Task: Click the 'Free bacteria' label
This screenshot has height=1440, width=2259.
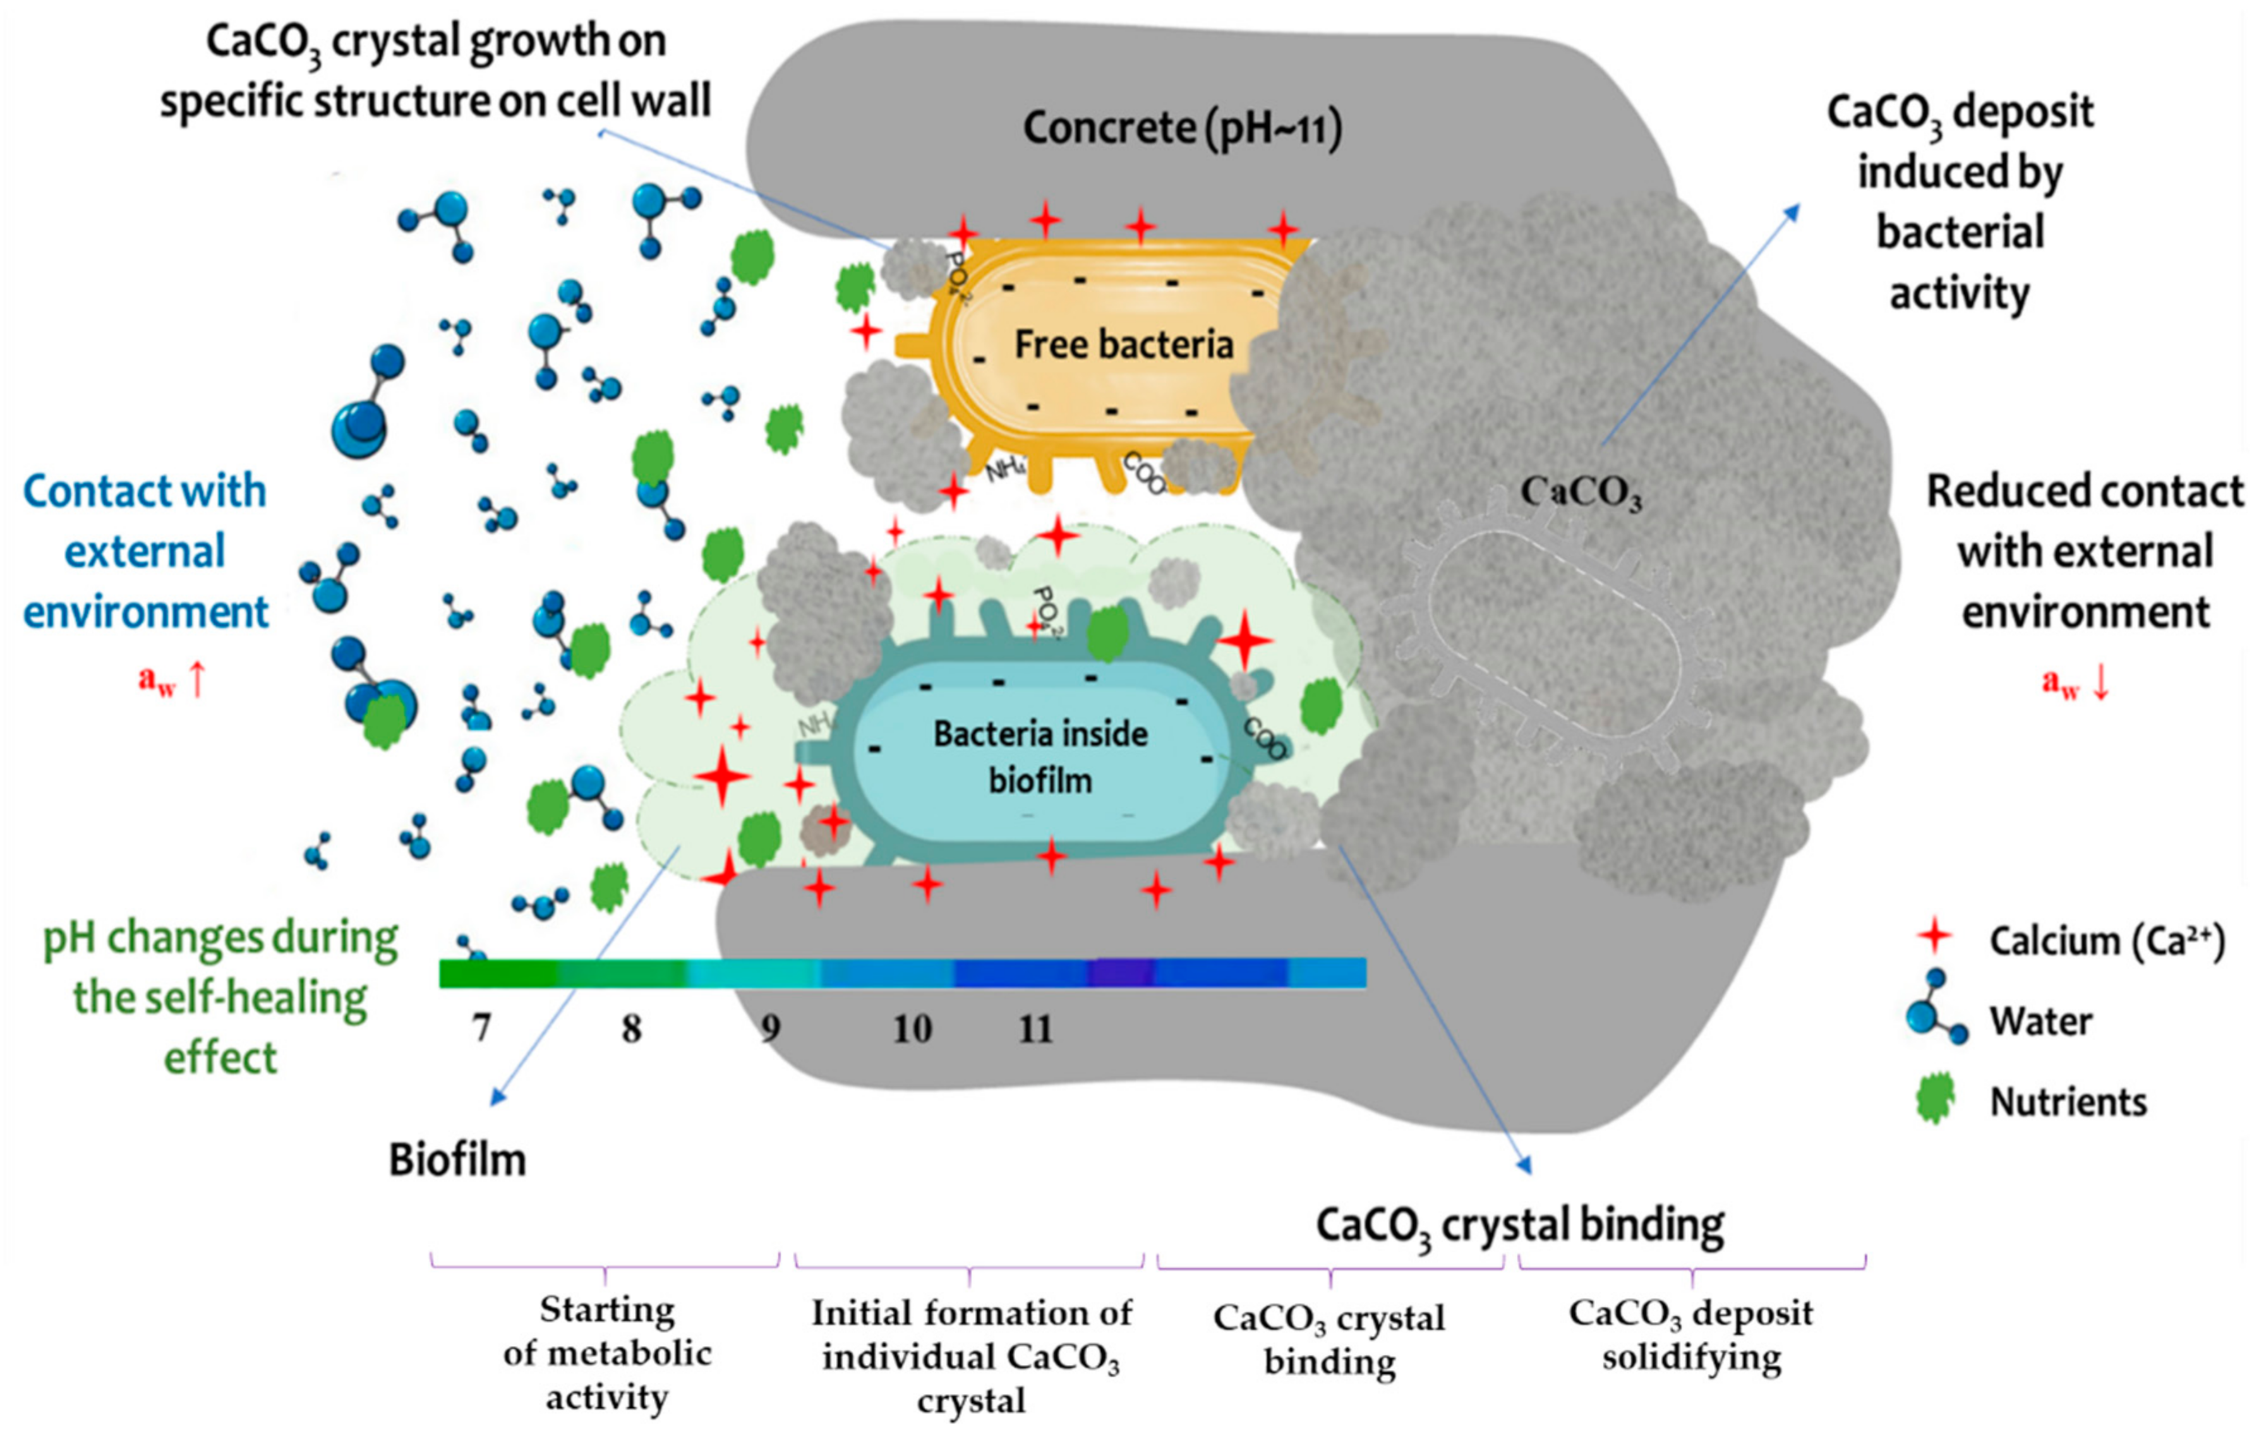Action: point(1123,344)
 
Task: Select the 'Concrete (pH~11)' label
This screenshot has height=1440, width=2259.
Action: point(1181,128)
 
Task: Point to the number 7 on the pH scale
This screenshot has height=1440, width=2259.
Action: point(481,1028)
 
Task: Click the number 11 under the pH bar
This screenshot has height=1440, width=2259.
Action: point(1035,1029)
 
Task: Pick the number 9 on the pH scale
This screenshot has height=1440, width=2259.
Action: point(770,1028)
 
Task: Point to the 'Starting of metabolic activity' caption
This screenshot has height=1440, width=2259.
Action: point(607,1353)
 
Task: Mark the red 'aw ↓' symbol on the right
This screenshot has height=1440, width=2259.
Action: point(2075,682)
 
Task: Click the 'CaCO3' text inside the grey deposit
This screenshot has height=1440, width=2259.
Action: point(1580,491)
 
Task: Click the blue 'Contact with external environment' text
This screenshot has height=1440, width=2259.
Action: point(145,551)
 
